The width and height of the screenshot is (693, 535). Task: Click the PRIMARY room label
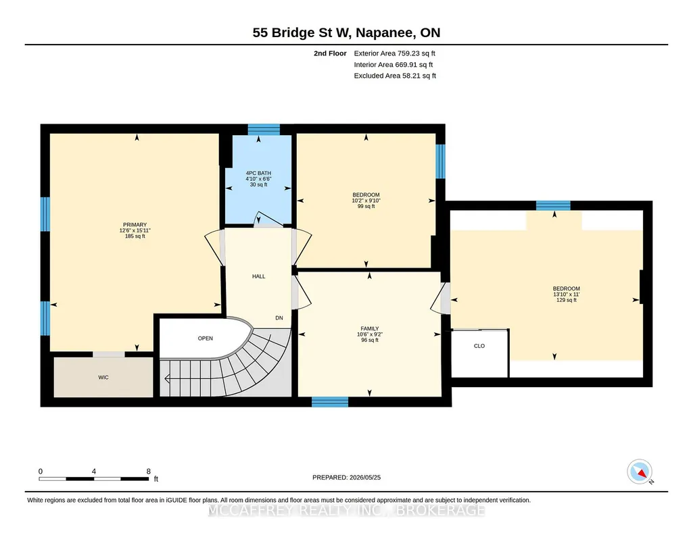[x=135, y=225]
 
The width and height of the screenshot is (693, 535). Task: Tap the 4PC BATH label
[x=258, y=173]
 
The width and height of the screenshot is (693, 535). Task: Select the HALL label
[x=258, y=276]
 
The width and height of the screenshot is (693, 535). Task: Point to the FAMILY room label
[x=369, y=328]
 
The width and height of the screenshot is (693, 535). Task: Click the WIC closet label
[x=103, y=378]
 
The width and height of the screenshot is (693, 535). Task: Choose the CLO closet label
[x=479, y=346]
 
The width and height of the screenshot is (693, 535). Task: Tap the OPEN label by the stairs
[x=206, y=338]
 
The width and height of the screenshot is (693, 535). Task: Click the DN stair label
[x=279, y=317]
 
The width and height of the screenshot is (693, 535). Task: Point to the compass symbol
[x=640, y=472]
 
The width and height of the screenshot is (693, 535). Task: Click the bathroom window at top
[x=264, y=129]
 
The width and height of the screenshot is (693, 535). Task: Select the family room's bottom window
[x=330, y=402]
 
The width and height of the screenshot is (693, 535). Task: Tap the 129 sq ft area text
[x=566, y=300]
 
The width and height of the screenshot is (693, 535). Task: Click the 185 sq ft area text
[x=135, y=236]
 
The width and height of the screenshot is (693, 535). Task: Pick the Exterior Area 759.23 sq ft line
[x=395, y=53]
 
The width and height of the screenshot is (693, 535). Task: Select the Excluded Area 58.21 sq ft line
[x=395, y=76]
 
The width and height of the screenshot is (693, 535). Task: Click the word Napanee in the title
[x=385, y=32]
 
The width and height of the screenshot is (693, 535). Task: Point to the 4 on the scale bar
[x=94, y=472]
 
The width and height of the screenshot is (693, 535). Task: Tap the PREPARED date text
[x=346, y=477]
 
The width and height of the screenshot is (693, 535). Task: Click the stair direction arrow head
[x=166, y=378]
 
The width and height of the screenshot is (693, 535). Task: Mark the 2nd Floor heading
[x=330, y=53]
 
